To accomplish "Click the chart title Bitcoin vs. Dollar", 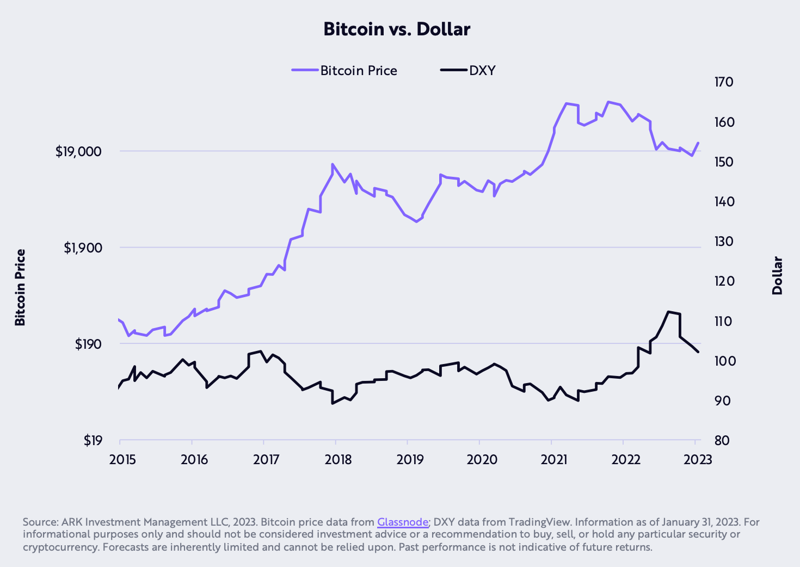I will (397, 29).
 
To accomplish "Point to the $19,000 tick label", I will (78, 151).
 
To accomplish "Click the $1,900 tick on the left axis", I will (83, 248).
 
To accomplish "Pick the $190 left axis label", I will (88, 344).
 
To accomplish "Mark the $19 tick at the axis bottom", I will (93, 440).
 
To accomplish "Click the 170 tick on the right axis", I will (724, 82).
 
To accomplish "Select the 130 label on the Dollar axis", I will (724, 242).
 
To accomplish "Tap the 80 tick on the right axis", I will (722, 440).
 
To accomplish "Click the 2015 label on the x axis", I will (124, 460).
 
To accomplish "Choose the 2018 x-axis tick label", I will (339, 460).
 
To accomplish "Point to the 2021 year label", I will (554, 460).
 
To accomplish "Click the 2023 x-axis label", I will (698, 460).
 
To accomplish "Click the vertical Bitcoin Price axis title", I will (20, 287).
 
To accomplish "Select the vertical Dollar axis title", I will (777, 275).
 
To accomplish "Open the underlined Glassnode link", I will (403, 522).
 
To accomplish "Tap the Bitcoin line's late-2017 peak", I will (333, 164).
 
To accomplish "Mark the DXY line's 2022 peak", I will (668, 312).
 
